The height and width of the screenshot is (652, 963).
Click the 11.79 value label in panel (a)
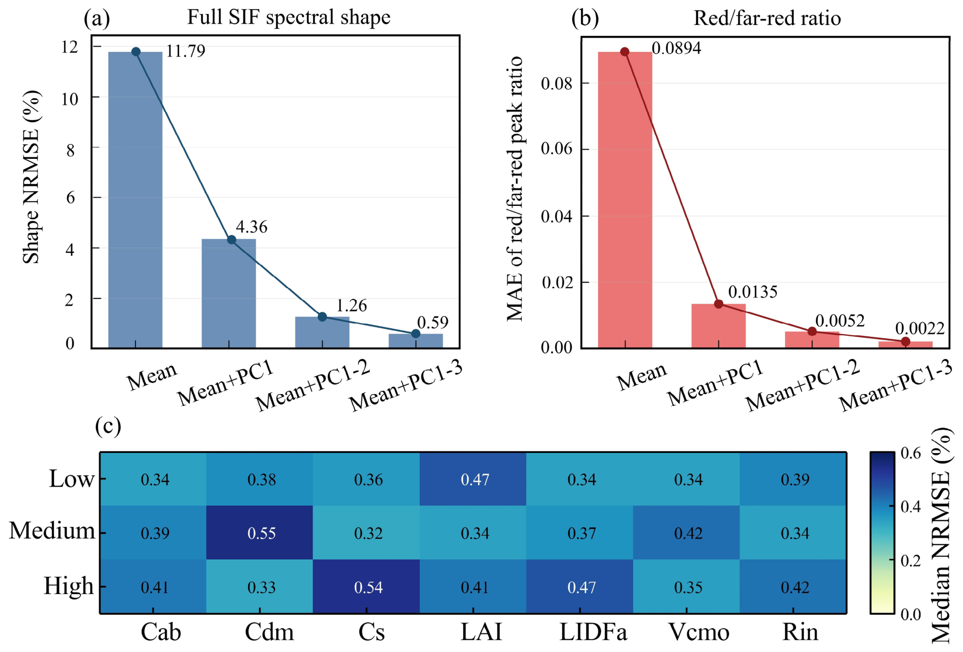tap(185, 51)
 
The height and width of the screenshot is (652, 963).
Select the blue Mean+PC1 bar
tap(229, 293)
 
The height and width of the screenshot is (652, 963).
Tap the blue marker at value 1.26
tap(322, 317)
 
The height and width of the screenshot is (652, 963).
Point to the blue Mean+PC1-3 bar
tap(416, 341)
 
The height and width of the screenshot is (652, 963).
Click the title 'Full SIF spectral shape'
tap(289, 18)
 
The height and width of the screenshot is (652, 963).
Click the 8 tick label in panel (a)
tap(71, 150)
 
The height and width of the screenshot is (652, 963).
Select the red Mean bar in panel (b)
tap(625, 200)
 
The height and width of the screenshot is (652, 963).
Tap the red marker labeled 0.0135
tap(719, 304)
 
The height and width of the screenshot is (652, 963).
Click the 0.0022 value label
tap(920, 328)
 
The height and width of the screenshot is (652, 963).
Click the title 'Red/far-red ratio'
tap(767, 18)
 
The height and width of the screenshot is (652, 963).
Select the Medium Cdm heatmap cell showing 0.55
tap(260, 532)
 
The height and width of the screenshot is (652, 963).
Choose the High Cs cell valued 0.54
tap(366, 586)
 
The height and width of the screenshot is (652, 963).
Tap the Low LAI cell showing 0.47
tap(473, 478)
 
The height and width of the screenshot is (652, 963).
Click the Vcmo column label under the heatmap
tap(699, 632)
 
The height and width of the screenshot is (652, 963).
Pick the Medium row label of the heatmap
tap(52, 530)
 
